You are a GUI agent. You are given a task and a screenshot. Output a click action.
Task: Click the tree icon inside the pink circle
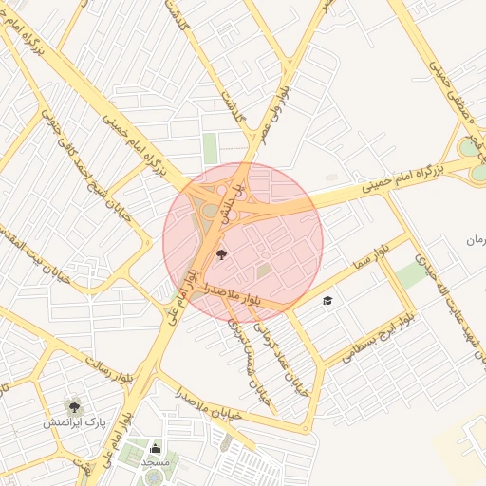tap(222, 253)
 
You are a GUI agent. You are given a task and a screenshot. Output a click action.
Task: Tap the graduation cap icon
tap(327, 301)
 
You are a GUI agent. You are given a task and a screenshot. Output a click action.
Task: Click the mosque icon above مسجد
tap(156, 448)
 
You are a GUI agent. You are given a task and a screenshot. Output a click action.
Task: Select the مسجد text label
tap(155, 461)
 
